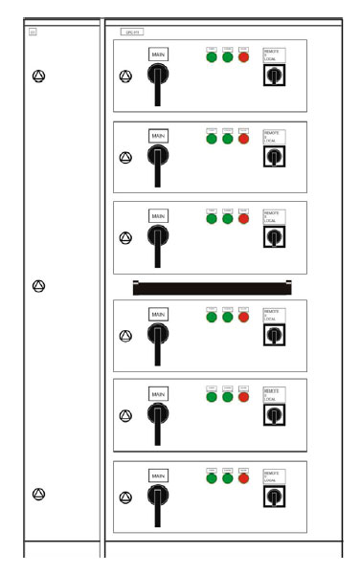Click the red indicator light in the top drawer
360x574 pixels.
tap(244, 57)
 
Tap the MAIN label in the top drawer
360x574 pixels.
tap(158, 55)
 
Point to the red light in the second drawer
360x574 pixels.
tap(244, 139)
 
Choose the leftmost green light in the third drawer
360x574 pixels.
tap(212, 218)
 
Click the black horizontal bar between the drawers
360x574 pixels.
tap(212, 286)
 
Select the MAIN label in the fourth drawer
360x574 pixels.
tap(158, 314)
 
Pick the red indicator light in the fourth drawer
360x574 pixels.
tap(244, 317)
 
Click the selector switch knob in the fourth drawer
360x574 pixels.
tap(274, 336)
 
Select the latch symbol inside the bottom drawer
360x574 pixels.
tap(124, 497)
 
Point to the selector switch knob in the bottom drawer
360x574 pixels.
tap(274, 497)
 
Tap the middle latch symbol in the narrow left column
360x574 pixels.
tap(38, 286)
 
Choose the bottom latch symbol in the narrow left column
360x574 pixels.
tap(38, 494)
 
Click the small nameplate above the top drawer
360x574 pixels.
tap(131, 32)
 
